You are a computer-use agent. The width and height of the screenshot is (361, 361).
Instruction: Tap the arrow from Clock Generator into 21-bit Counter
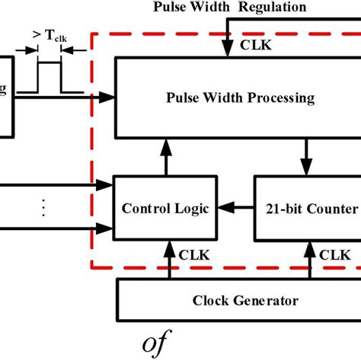[310, 258]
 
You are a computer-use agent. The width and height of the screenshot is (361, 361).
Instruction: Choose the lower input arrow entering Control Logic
[57, 228]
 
